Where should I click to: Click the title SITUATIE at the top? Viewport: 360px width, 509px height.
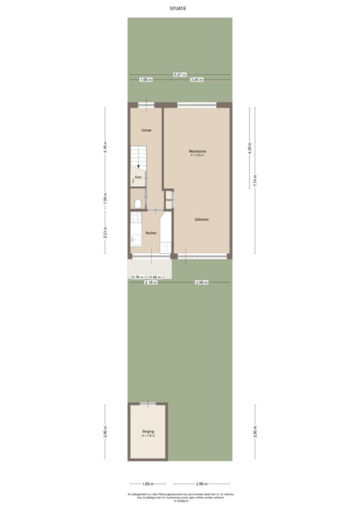click(180, 9)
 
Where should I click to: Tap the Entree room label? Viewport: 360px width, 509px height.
click(146, 130)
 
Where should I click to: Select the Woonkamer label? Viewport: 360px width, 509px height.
click(198, 151)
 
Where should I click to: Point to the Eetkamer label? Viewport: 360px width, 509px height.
click(202, 219)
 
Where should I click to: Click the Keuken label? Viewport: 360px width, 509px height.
click(151, 233)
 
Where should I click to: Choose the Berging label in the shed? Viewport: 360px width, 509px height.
click(148, 431)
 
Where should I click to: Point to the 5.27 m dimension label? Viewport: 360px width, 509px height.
click(179, 74)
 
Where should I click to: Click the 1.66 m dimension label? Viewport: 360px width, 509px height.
click(146, 80)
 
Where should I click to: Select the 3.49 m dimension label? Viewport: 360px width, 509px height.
click(196, 80)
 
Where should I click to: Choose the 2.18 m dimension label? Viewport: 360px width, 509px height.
click(150, 282)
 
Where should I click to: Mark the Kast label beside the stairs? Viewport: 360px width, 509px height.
click(139, 178)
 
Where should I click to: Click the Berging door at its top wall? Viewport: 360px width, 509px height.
click(148, 404)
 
